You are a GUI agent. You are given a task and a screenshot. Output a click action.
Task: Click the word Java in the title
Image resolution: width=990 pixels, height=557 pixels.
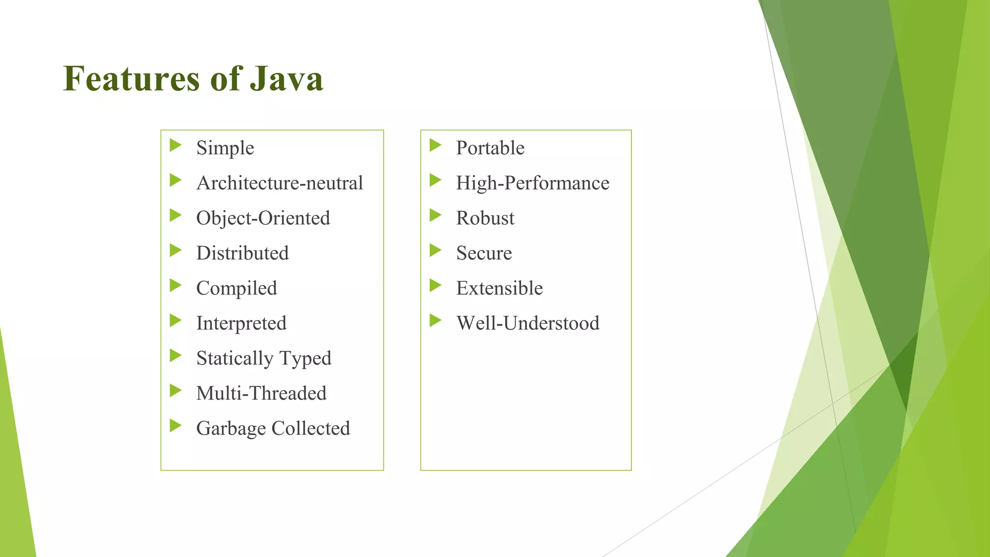(286, 79)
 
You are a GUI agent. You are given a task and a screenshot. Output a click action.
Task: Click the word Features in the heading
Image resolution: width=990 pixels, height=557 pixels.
(131, 79)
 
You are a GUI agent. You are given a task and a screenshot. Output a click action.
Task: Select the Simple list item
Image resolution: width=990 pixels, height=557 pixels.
(225, 148)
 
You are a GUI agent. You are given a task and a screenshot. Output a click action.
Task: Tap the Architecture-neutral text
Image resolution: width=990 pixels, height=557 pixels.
(279, 183)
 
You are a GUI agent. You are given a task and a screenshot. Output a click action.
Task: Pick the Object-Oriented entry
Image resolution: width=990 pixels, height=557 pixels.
(263, 218)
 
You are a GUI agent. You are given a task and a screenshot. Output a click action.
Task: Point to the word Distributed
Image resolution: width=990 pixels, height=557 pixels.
(242, 253)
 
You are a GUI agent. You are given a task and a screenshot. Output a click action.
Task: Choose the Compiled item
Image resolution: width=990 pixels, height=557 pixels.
(236, 289)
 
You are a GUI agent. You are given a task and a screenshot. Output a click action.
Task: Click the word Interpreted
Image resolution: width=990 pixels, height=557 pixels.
(241, 323)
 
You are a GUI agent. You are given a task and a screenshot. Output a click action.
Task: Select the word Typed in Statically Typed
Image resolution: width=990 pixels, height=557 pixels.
(306, 359)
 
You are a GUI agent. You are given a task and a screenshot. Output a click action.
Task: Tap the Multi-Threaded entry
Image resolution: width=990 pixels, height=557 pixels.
(261, 394)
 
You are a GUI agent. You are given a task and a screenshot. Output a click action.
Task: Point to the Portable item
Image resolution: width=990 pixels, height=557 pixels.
(490, 148)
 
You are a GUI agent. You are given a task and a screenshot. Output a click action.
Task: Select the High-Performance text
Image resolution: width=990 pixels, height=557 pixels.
(532, 183)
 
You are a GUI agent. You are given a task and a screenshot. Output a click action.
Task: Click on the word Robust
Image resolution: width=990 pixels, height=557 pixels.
(485, 218)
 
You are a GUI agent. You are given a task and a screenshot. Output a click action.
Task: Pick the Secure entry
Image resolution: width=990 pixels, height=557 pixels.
(484, 253)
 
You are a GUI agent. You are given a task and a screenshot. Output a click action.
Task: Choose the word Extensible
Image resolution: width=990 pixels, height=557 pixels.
(499, 289)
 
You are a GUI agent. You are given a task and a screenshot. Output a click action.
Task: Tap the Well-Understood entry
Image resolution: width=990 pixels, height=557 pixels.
(527, 323)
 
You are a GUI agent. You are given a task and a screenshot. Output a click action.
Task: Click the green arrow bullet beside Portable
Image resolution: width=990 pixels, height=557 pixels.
(435, 145)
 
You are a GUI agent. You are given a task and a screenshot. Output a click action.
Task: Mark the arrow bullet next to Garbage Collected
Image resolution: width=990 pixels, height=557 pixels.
(175, 426)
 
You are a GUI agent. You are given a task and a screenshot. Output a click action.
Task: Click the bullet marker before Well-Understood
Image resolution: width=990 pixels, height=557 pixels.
(435, 320)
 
